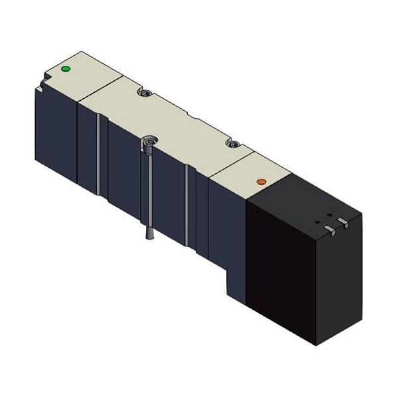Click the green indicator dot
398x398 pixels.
tap(65, 68)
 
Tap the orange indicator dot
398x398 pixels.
tap(261, 181)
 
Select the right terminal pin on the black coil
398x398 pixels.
tap(342, 222)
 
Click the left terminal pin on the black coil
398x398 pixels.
tap(328, 229)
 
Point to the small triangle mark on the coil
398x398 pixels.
tap(317, 222)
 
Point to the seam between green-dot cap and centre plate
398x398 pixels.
tap(99, 86)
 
